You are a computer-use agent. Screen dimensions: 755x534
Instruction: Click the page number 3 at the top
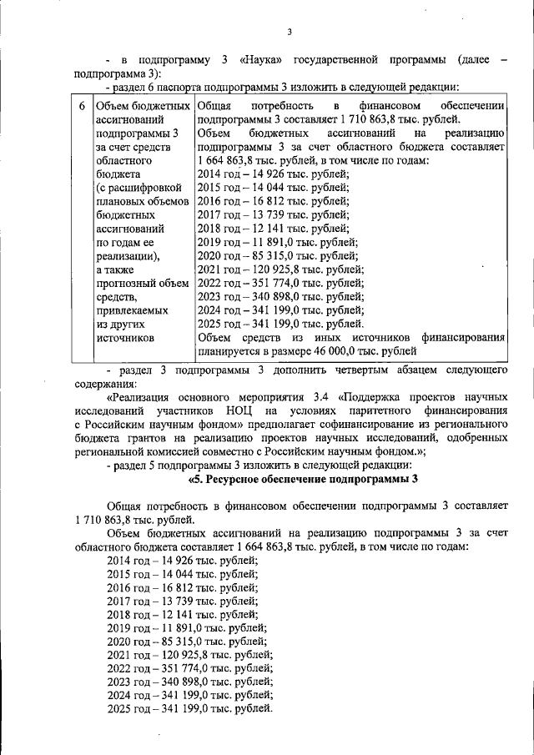pos(289,32)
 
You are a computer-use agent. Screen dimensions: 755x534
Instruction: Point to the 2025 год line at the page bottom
pos(190,709)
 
